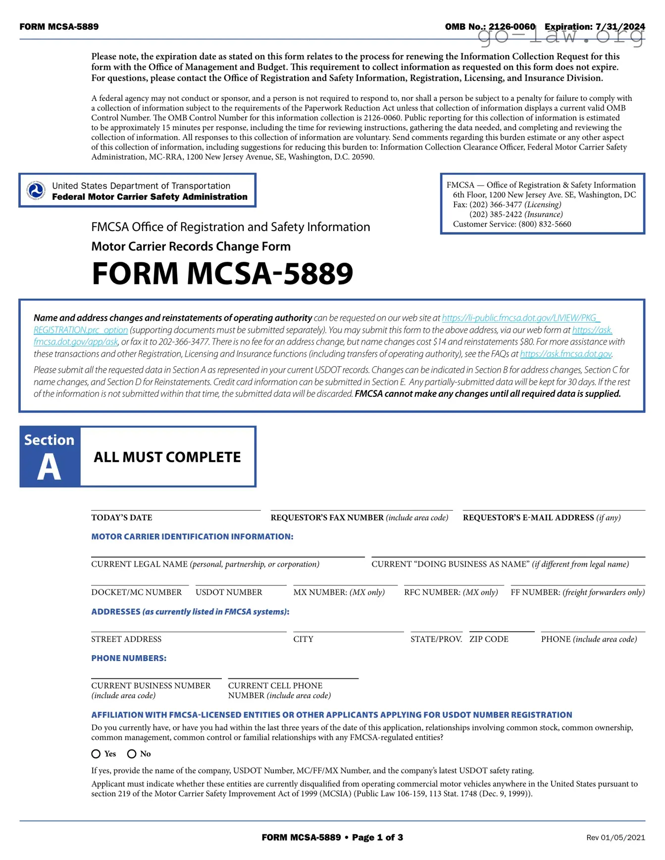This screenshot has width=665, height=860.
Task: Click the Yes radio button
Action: point(96,754)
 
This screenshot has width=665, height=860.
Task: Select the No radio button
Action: point(132,754)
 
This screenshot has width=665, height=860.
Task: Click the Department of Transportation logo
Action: point(36,191)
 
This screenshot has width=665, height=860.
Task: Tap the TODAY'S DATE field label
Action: point(122,518)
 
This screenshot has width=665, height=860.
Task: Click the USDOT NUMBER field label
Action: point(229,592)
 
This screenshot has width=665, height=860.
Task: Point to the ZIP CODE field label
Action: point(489,639)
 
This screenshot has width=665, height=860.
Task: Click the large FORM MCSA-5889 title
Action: point(222,274)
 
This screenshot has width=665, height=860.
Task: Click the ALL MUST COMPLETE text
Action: point(167,457)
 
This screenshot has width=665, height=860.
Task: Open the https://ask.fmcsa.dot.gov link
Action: point(566,354)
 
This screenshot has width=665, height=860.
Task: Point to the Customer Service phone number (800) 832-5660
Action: point(545,224)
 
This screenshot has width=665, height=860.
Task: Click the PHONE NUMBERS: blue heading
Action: point(129,659)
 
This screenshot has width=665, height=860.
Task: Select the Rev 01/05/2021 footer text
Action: point(615,838)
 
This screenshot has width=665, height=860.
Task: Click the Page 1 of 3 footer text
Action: point(377,838)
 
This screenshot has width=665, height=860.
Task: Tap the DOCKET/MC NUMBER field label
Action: point(136,592)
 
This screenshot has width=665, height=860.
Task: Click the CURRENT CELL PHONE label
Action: point(275,686)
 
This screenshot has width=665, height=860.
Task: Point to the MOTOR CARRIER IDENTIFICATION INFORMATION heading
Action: point(192,537)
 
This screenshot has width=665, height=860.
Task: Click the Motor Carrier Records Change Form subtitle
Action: point(191,246)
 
